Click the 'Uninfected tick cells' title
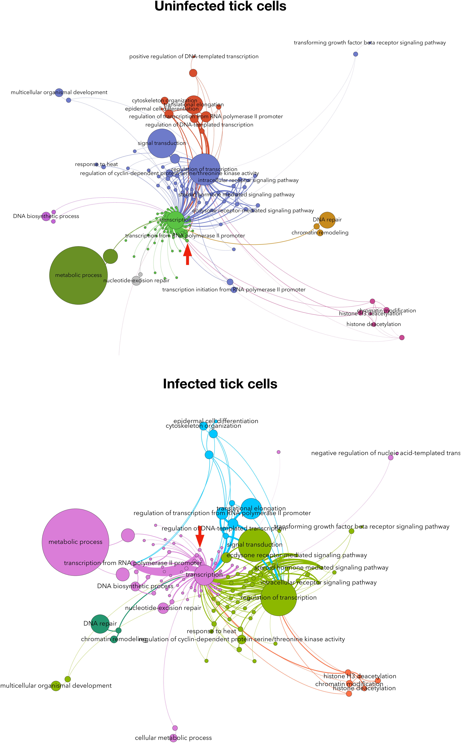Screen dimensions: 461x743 click(220, 6)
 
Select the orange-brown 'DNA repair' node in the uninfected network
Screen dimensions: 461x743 click(327, 220)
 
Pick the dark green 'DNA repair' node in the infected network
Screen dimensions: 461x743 click(100, 624)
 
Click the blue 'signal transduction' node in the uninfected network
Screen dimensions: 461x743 click(162, 143)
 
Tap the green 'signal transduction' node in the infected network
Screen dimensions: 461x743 click(255, 545)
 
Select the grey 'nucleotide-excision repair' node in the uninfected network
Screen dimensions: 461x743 click(136, 280)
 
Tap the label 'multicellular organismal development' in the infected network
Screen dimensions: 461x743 click(56, 686)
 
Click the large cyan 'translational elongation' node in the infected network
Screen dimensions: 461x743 click(251, 509)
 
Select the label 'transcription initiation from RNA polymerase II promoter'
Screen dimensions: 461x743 click(234, 290)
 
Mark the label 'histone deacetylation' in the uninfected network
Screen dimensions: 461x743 click(373, 324)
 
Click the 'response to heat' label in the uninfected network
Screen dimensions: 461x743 click(96, 164)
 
